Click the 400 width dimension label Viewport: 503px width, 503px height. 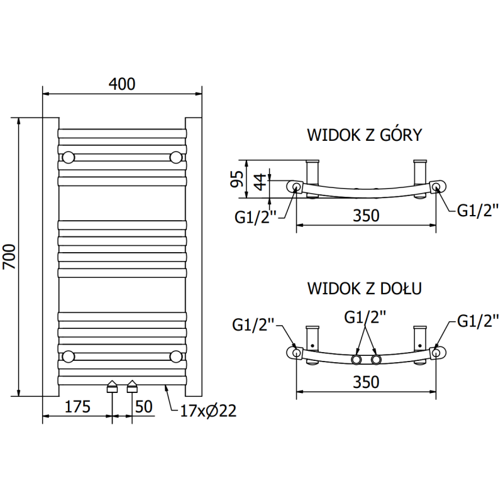pyautogui.click(x=122, y=84)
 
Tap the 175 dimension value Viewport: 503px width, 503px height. pyautogui.click(x=77, y=406)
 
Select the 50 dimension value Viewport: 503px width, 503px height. pyautogui.click(x=143, y=406)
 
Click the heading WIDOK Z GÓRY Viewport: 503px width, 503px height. pyautogui.click(x=364, y=135)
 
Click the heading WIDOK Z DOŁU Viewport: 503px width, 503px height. pyautogui.click(x=364, y=288)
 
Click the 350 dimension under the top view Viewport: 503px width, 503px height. pyautogui.click(x=365, y=215)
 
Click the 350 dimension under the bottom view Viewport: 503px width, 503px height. pyautogui.click(x=365, y=381)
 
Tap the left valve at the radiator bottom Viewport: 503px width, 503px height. pyautogui.click(x=112, y=386)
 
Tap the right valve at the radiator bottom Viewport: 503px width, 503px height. pyautogui.click(x=132, y=386)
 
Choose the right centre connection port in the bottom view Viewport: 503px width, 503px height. pyautogui.click(x=376, y=360)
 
